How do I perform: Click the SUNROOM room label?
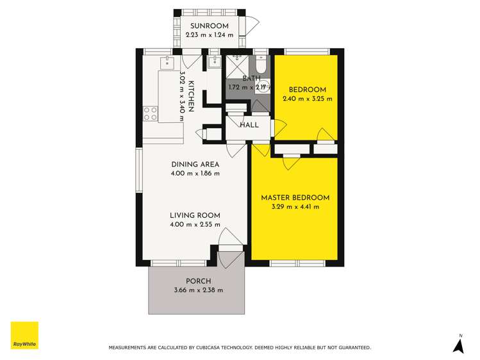click(209, 26)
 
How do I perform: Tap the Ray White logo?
click(24, 336)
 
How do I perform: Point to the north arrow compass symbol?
click(458, 345)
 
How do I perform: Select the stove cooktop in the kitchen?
click(151, 114)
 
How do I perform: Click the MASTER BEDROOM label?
click(295, 197)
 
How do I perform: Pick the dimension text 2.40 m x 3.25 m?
click(307, 99)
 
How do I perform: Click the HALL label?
click(249, 125)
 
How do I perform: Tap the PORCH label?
click(198, 281)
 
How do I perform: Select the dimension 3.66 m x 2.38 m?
click(198, 290)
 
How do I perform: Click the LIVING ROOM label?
click(195, 215)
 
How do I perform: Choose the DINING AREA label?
click(195, 165)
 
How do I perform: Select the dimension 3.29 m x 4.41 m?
click(295, 206)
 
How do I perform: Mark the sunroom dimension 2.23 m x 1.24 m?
click(209, 35)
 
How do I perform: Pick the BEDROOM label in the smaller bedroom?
click(307, 90)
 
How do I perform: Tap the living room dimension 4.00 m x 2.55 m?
click(195, 224)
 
